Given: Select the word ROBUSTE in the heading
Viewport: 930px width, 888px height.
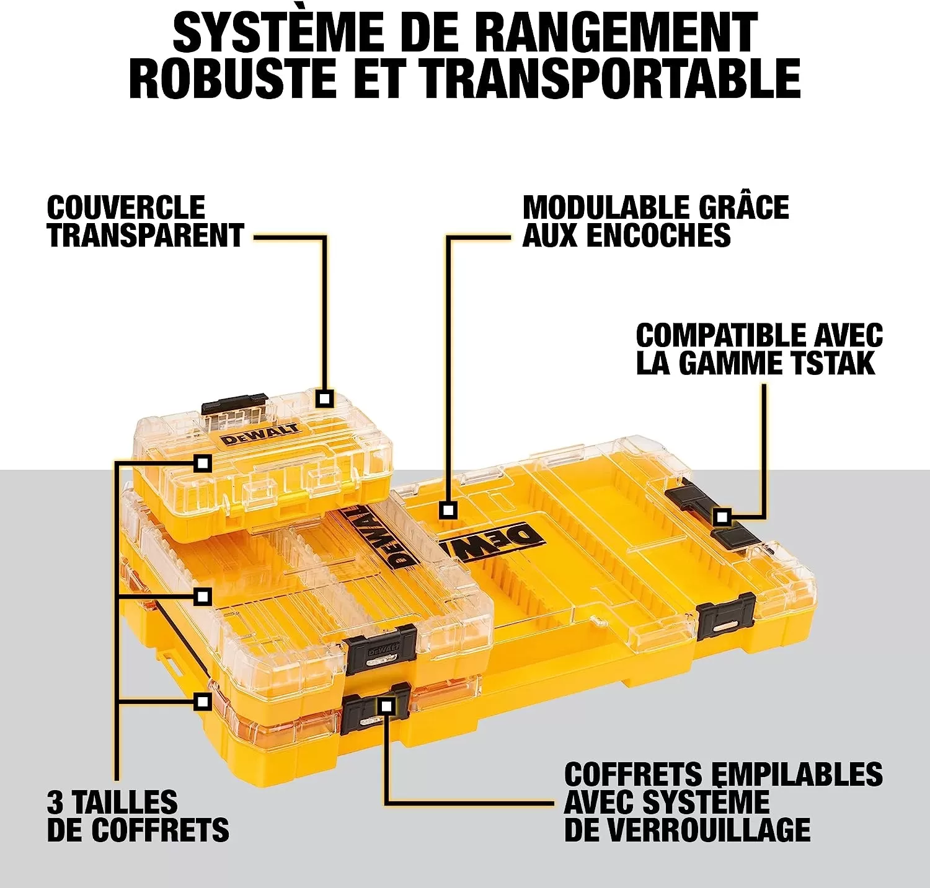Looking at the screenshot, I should (x=232, y=79).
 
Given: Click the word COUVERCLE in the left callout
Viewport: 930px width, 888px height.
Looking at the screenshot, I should (x=126, y=208).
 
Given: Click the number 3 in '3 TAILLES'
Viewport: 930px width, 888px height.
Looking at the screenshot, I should (x=55, y=802).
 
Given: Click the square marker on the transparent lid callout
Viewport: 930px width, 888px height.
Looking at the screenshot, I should (x=324, y=398).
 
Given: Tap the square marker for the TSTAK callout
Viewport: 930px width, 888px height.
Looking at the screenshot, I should (x=721, y=516).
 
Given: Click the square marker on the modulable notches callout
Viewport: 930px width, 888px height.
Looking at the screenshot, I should (x=448, y=511).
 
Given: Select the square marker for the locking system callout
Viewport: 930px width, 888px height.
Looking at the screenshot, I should (x=386, y=705).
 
